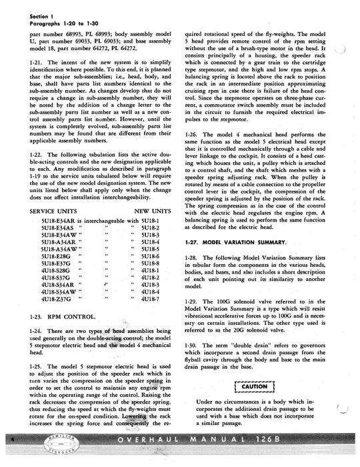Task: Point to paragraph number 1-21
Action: [x=38, y=62]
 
